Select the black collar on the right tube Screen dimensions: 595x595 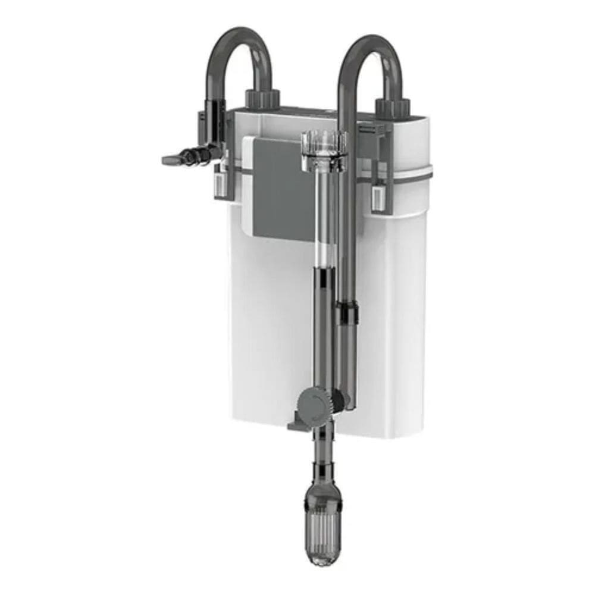pyautogui.click(x=347, y=312)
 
